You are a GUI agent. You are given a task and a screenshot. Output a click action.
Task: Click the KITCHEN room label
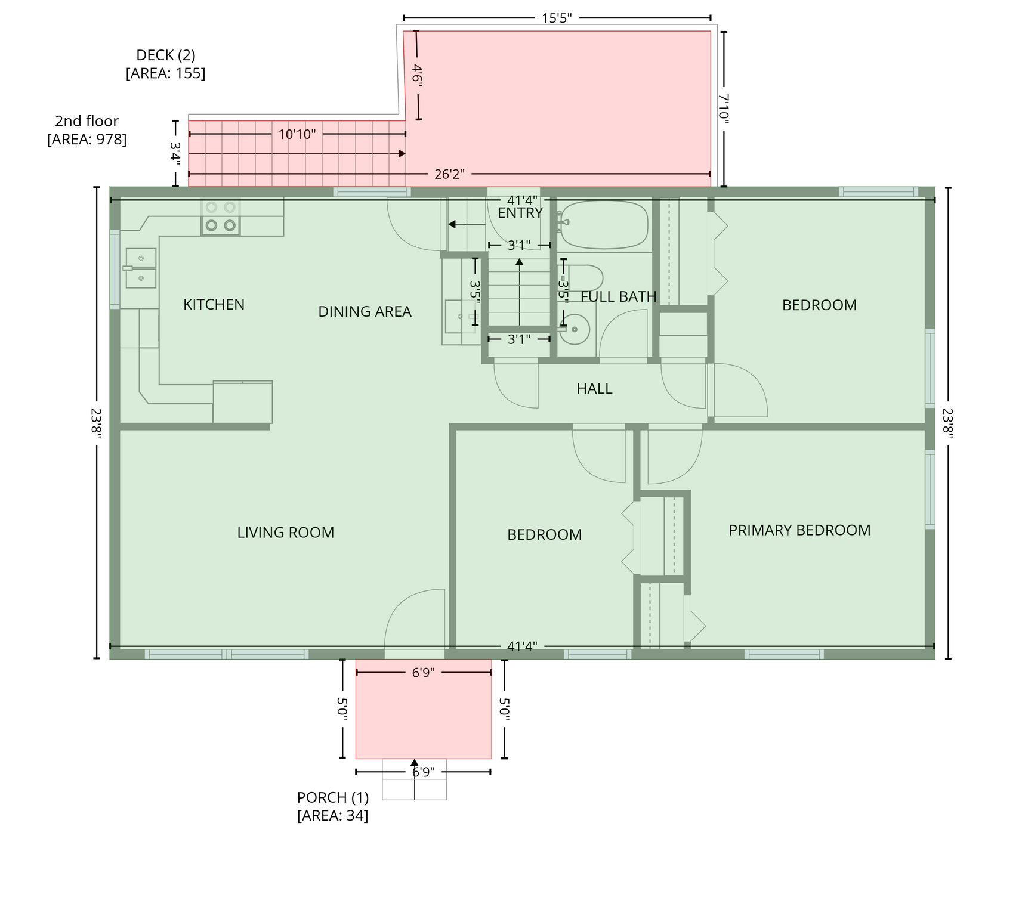[214, 305]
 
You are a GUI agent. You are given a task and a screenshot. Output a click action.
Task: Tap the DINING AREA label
[365, 312]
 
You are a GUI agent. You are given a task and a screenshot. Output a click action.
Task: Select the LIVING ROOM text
[286, 533]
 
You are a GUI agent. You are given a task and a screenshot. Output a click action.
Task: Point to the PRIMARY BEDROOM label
[799, 530]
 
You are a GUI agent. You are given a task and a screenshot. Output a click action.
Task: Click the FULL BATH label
[618, 296]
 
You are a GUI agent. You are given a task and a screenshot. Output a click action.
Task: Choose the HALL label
[594, 389]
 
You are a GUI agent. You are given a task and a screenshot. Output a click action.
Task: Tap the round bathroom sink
[574, 329]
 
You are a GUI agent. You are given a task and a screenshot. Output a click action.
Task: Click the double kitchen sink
[141, 268]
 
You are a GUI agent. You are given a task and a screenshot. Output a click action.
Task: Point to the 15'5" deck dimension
[557, 18]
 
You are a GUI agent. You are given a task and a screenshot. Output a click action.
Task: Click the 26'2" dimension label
[449, 174]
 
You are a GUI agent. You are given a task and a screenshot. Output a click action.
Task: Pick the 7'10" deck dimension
[724, 109]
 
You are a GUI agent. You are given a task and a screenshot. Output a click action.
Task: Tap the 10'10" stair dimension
[297, 134]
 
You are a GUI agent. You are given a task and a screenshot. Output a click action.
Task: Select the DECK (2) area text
[166, 64]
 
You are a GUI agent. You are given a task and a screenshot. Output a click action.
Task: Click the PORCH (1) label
[333, 806]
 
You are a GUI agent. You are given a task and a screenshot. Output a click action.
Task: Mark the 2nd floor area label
[87, 130]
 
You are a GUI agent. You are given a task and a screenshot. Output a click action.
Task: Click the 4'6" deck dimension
[417, 76]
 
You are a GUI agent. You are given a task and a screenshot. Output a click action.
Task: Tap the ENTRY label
[520, 213]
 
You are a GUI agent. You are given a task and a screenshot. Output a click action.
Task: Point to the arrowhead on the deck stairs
[402, 154]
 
